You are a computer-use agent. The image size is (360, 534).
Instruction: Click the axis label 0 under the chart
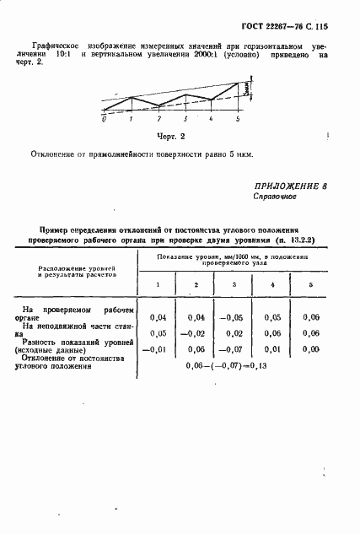(104, 120)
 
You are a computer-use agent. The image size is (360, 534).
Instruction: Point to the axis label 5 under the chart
(238, 120)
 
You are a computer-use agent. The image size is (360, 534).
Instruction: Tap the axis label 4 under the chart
(211, 120)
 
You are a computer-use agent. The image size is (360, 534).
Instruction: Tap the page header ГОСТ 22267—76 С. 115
(286, 25)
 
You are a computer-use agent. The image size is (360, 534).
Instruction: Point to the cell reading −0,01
(154, 349)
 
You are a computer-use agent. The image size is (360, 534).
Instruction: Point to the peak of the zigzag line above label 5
(238, 84)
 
